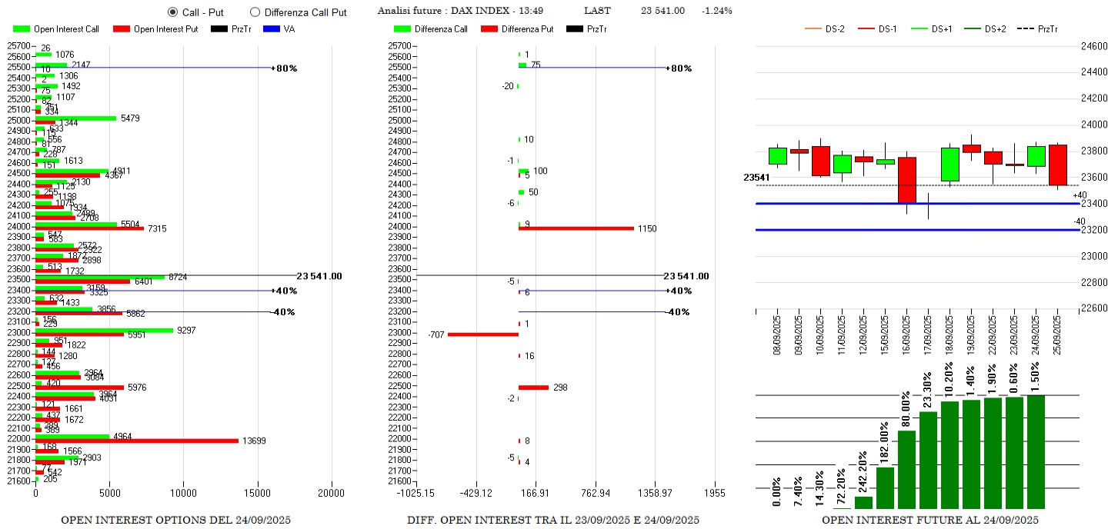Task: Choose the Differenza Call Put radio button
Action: tap(255, 12)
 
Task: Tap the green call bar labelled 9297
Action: tap(104, 330)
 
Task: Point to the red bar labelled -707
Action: tap(482, 334)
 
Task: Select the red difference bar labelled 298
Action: tap(533, 387)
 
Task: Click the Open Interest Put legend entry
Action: tap(154, 29)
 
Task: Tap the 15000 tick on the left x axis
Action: tap(258, 493)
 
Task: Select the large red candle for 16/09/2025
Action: tap(907, 180)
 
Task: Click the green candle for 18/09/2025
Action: tap(950, 165)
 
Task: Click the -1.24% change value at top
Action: tap(716, 11)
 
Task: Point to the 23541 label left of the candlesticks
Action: tap(756, 178)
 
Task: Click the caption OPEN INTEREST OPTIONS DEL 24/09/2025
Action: tap(175, 521)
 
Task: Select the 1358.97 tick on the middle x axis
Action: tap(655, 493)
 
